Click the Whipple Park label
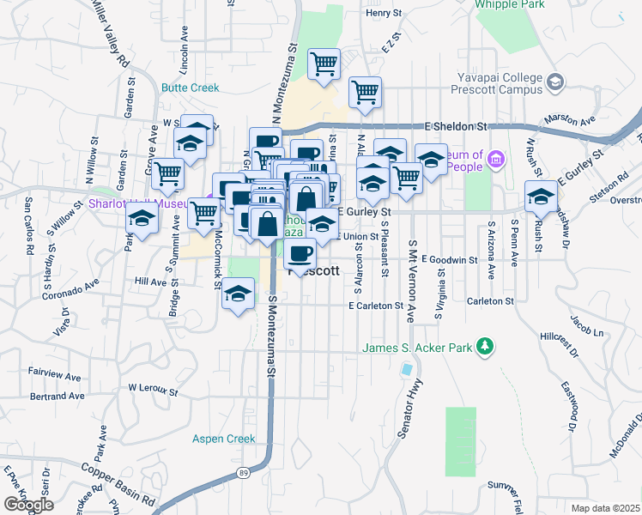click(512, 3)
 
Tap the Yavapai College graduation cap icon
click(554, 82)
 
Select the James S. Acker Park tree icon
click(487, 346)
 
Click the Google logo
click(28, 505)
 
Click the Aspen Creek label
click(223, 439)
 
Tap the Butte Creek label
click(190, 88)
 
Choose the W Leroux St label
click(153, 389)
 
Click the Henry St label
click(383, 14)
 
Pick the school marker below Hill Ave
click(239, 296)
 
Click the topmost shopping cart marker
click(324, 64)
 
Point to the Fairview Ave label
click(55, 375)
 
